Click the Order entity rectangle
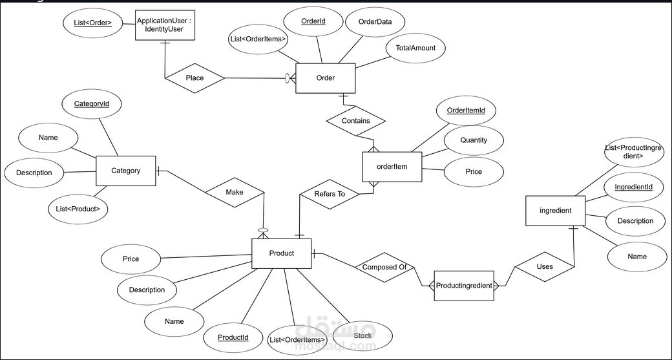coord(325,78)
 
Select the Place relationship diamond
coord(194,78)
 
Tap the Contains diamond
coord(356,121)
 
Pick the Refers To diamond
coord(330,194)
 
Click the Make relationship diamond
coord(234,193)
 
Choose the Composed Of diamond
coord(384,267)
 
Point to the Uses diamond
coord(544,266)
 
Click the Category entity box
coord(125,171)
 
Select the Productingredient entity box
coord(464,286)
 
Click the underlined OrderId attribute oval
coord(313,22)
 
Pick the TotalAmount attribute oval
coord(415,48)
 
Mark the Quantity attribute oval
coord(474,140)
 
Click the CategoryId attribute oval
coord(91,103)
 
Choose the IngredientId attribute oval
coord(633,187)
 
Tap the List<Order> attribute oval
coord(92,24)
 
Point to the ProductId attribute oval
coord(233,338)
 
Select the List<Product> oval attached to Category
coord(78,208)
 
